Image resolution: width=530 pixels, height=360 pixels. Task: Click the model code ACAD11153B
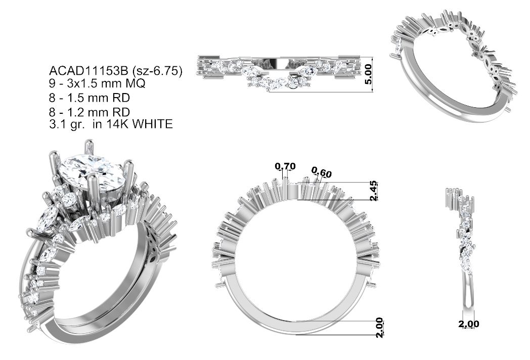coord(89,71)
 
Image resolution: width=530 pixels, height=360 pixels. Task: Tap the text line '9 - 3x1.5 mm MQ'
coord(97,83)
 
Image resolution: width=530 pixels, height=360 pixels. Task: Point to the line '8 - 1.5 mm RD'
coord(90,98)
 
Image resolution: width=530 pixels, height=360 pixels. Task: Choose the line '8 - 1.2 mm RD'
coord(90,112)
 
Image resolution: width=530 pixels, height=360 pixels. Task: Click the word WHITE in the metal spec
coord(152,124)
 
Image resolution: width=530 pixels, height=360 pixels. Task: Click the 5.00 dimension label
coord(368,74)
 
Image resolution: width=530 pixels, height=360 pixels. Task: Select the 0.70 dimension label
coord(285,166)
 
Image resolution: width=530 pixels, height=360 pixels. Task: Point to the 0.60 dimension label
coord(322,173)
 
